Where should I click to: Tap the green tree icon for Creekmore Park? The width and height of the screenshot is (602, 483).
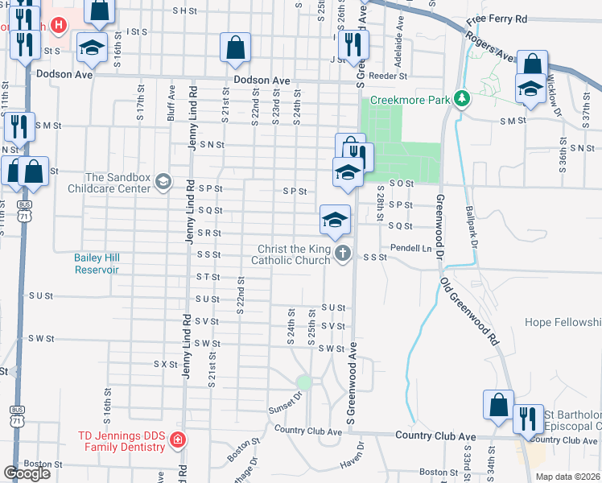(x=461, y=99)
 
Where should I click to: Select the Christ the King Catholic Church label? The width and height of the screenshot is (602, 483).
(x=291, y=254)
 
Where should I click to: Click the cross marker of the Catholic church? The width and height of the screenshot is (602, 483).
(x=344, y=254)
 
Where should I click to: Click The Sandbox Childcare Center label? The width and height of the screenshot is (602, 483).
(x=118, y=183)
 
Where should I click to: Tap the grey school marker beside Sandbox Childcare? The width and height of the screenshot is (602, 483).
(x=164, y=182)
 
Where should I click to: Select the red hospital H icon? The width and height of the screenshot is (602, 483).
(x=58, y=25)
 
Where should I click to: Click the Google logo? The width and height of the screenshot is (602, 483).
(x=27, y=473)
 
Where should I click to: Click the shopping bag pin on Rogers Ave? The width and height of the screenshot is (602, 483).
(x=532, y=65)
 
